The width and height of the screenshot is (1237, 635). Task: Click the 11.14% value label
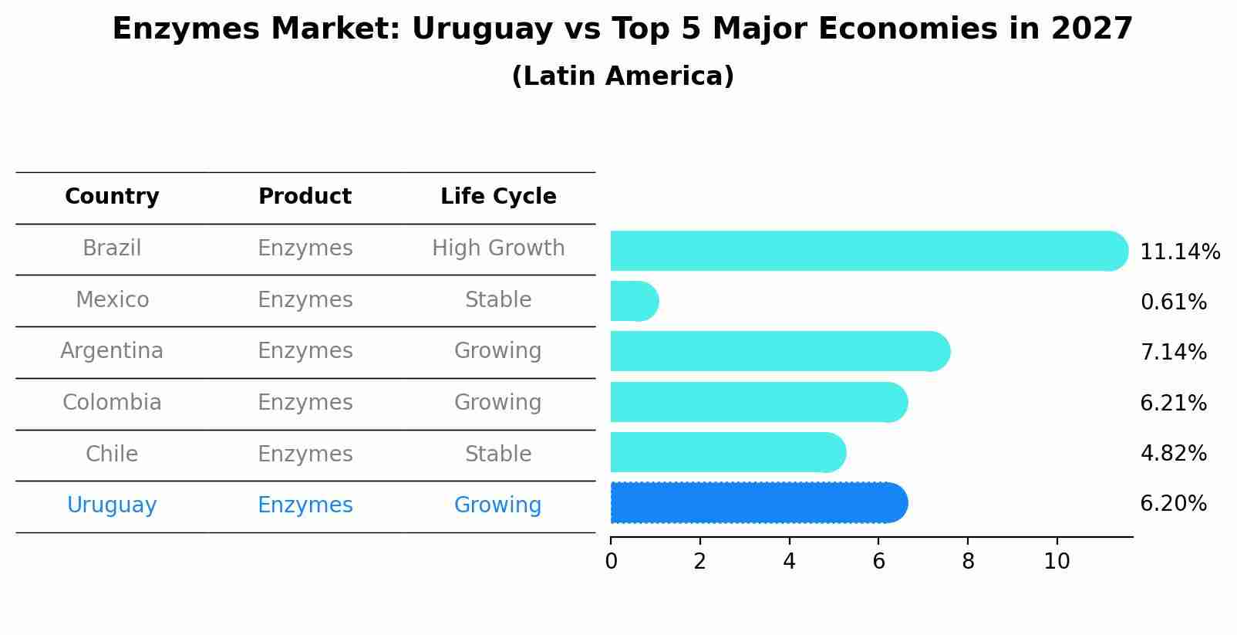pos(1179,252)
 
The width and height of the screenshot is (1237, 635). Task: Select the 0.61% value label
pos(1173,302)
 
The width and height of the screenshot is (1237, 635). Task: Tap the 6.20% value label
pos(1173,504)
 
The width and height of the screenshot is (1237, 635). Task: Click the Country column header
pos(112,197)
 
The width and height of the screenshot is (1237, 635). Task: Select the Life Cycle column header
pos(498,197)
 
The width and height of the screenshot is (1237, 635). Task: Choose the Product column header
pos(305,197)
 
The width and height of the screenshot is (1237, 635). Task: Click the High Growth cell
pos(498,248)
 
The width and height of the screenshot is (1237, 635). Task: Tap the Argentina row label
pos(112,351)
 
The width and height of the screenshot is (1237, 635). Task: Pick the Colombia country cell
pos(112,403)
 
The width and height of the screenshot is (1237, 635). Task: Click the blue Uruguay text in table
pos(112,505)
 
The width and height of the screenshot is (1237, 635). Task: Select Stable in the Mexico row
pos(498,300)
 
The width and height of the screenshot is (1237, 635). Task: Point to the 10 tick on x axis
pos(1057,562)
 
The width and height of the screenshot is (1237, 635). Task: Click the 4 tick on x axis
pos(789,562)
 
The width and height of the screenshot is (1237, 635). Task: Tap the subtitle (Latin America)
pos(622,76)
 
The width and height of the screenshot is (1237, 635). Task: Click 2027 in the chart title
pos(1091,29)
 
